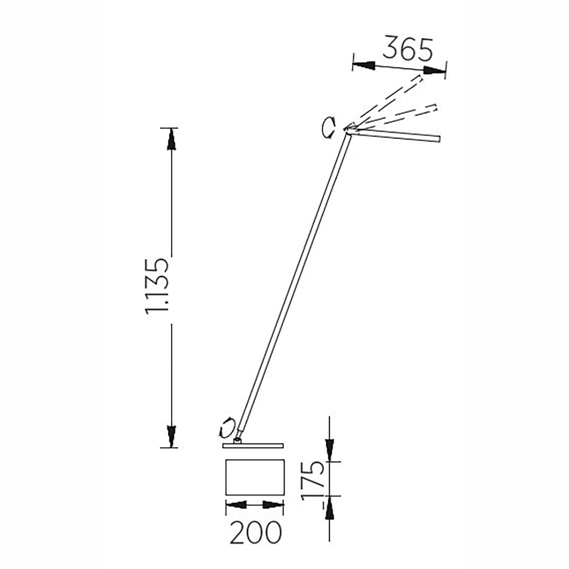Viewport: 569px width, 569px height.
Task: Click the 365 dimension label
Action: pos(408,49)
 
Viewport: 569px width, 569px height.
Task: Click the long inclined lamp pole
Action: pos(294,286)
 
